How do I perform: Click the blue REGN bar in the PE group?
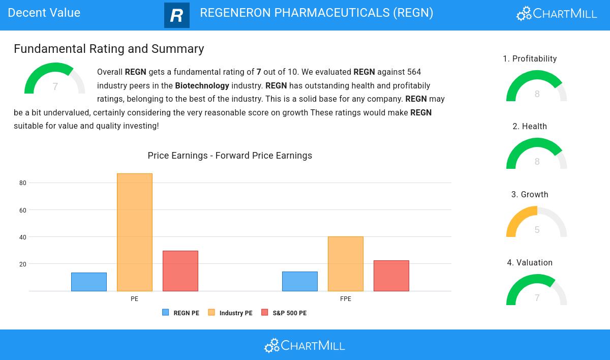89,282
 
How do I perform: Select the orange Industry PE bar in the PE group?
135,232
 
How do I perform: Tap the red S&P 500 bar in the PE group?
180,271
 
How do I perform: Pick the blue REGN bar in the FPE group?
300,282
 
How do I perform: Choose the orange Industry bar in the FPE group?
346,264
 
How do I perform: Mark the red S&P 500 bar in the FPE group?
391,276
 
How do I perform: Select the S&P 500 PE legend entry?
284,313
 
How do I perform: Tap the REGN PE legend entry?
181,313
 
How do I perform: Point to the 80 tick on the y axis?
23,183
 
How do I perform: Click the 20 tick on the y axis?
23,264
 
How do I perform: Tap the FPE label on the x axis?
346,299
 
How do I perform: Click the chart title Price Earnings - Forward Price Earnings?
230,156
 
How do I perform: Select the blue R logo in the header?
177,15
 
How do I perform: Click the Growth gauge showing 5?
537,223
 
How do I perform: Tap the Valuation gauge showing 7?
537,291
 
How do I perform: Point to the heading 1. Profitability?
530,59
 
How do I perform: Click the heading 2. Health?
530,127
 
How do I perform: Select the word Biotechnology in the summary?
202,86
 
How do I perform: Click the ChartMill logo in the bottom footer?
304,346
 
